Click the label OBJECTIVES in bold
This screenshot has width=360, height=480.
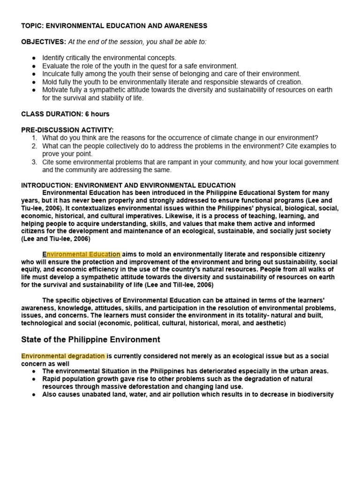pyautogui.click(x=44, y=42)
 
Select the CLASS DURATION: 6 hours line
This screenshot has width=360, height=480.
pyautogui.click(x=65, y=114)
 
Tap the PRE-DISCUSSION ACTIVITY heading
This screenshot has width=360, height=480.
pyautogui.click(x=67, y=130)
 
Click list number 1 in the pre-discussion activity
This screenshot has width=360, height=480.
pyautogui.click(x=34, y=138)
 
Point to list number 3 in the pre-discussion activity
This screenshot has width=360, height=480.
pyautogui.click(x=34, y=162)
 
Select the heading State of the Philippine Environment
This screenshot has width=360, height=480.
pyautogui.click(x=90, y=339)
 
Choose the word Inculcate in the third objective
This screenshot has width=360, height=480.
pyautogui.click(x=57, y=74)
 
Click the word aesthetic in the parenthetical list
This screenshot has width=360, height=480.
pyautogui.click(x=268, y=323)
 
